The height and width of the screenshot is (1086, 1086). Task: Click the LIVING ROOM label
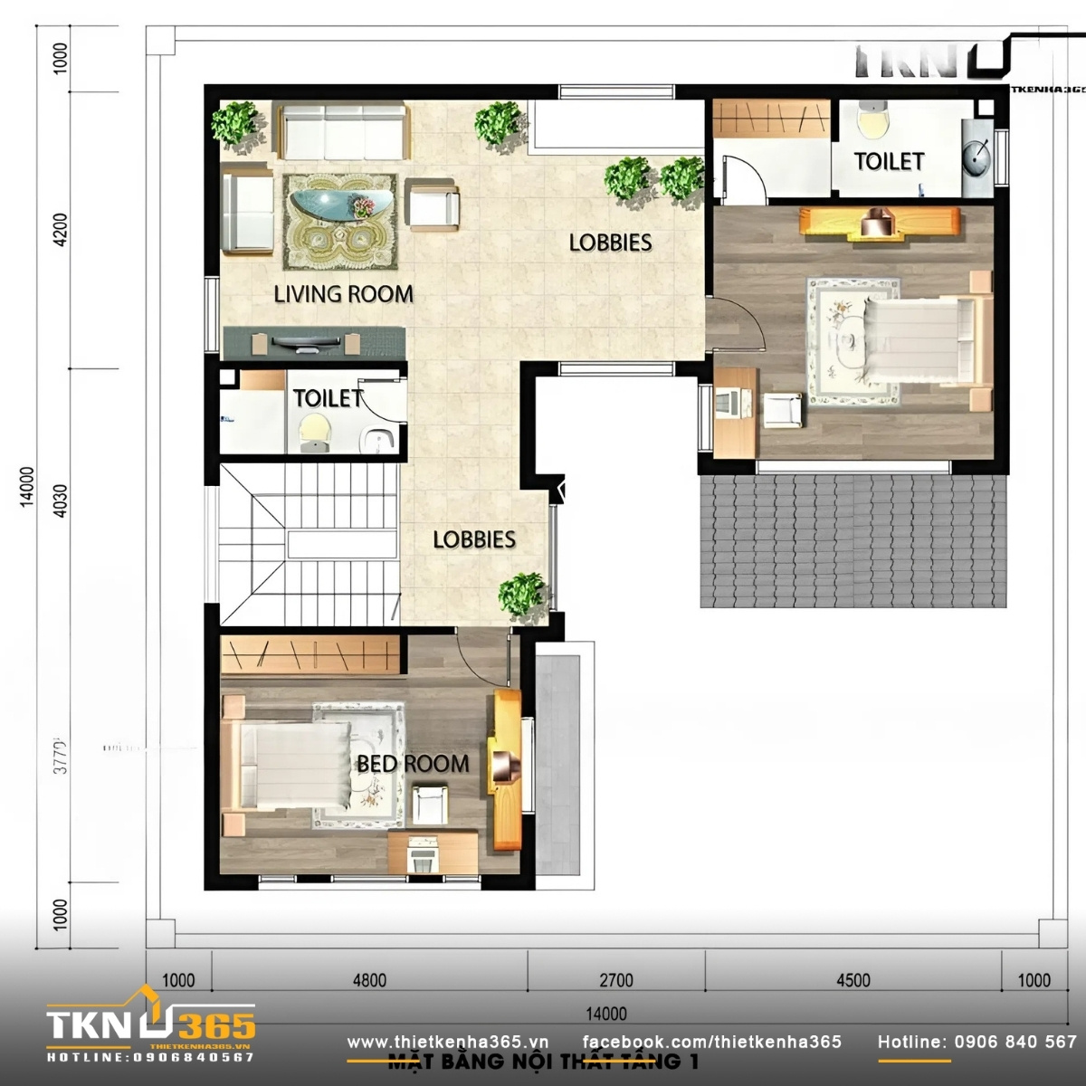pos(343,294)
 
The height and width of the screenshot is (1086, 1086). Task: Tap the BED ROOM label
pos(413,764)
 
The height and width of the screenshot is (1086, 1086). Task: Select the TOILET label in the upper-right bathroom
pos(889,162)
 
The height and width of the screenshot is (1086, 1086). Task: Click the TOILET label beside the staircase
pos(328,398)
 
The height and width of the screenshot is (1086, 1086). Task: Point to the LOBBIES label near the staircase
pos(474,540)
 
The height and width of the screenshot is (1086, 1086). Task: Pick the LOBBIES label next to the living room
pos(611,243)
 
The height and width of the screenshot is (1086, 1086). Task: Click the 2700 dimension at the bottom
pos(615,980)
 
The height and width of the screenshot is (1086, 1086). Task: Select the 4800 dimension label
pos(369,980)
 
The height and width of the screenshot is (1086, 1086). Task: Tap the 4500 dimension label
pos(853,980)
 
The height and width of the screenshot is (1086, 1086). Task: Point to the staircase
pos(308,543)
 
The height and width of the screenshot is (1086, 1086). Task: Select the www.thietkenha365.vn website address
pos(448,1042)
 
